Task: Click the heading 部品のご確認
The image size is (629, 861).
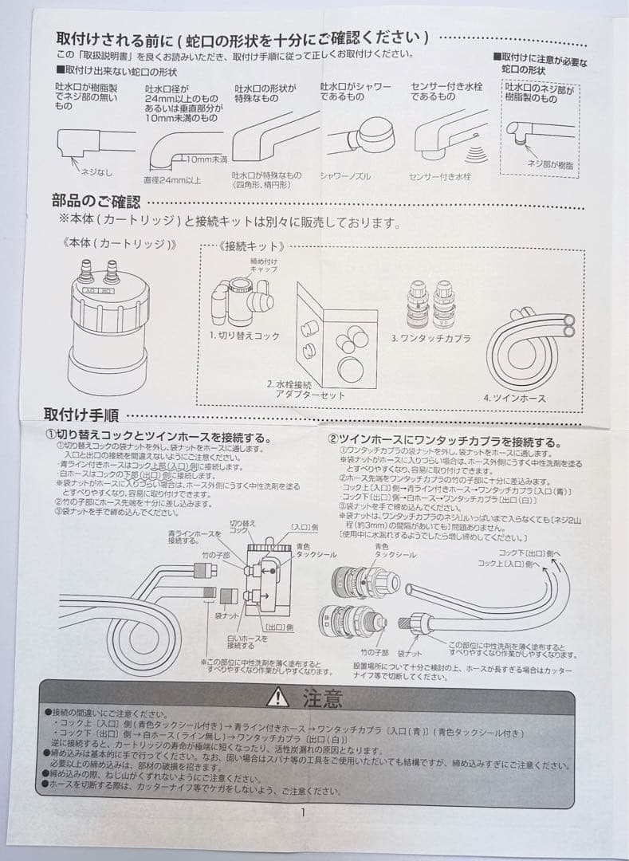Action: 96,201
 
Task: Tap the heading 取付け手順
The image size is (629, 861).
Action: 81,415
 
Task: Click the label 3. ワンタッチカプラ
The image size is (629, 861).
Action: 431,338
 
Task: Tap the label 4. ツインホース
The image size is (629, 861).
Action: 513,397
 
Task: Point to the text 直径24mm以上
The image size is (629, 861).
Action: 172,179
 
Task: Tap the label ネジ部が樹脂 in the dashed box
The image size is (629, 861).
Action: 549,163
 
